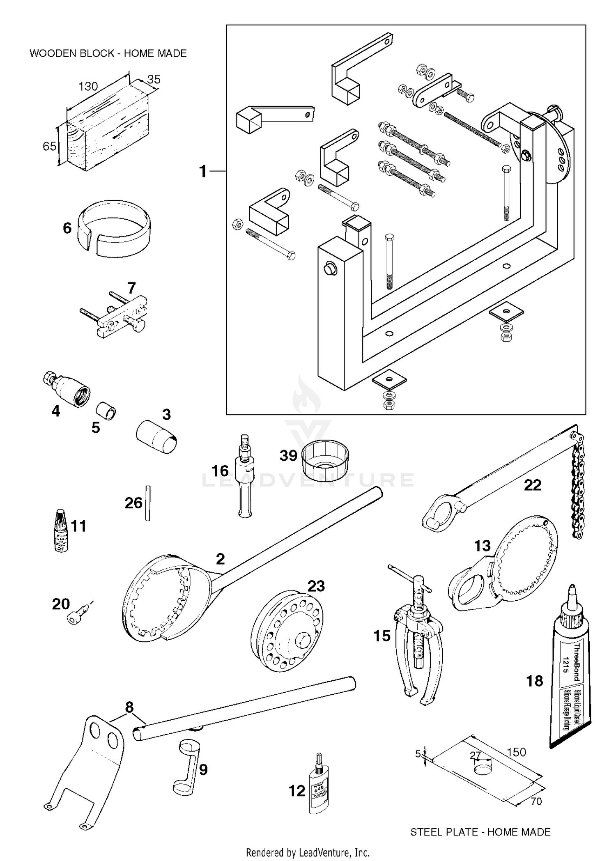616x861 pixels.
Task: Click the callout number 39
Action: point(288,455)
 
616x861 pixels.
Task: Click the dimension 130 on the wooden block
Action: point(88,86)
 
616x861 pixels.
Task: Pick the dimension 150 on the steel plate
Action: point(516,752)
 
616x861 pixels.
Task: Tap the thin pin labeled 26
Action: point(148,503)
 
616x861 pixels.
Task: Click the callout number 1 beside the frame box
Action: point(203,171)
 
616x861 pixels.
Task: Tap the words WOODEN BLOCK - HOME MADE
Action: point(108,53)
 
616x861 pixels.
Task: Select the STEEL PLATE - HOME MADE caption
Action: point(480,832)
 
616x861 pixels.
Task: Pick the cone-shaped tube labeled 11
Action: point(61,530)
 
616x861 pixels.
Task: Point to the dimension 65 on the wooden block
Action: point(49,146)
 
